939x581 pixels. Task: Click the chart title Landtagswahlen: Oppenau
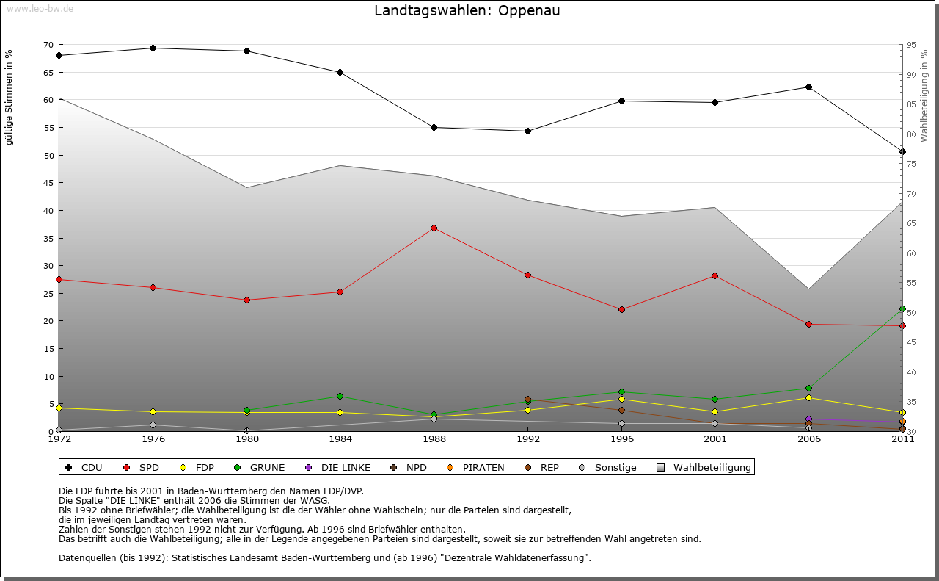click(x=467, y=11)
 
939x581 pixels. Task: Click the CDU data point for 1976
click(x=153, y=48)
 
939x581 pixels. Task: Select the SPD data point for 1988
click(x=434, y=228)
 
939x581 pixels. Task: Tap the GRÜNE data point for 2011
click(x=902, y=309)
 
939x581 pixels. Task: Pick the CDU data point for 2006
click(x=808, y=87)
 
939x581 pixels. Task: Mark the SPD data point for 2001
click(x=715, y=276)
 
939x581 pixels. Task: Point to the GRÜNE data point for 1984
click(x=340, y=397)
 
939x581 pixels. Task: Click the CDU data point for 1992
click(x=527, y=131)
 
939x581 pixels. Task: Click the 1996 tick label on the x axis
click(x=621, y=439)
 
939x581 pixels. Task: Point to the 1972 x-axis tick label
click(x=59, y=439)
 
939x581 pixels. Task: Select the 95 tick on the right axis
click(x=911, y=45)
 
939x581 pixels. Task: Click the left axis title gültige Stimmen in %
click(x=10, y=97)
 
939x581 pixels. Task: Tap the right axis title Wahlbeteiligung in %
click(x=924, y=95)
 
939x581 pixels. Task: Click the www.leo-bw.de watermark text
click(x=39, y=8)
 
